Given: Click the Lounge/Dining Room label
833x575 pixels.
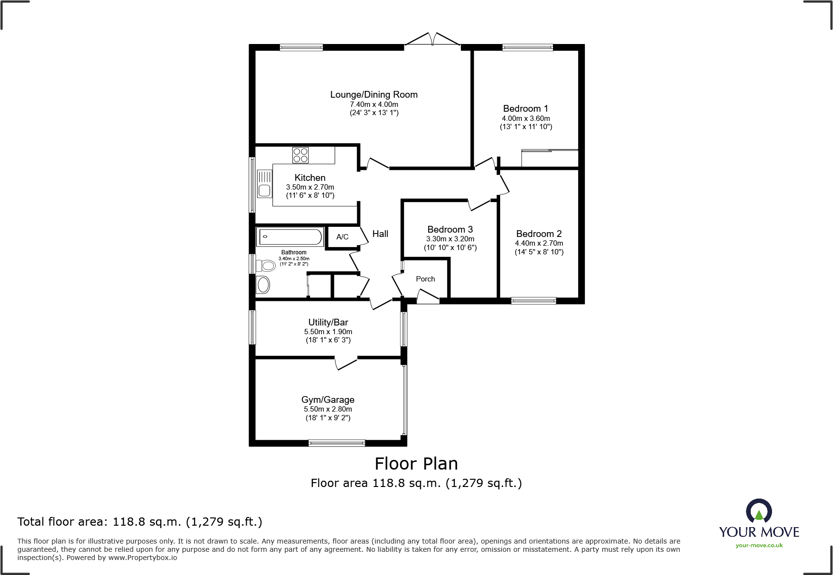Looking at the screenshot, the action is (374, 95).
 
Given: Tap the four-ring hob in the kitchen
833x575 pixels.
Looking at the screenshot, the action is (300, 155).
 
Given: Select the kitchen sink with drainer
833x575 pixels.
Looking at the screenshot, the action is (264, 184).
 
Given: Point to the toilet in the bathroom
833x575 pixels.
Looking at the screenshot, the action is (265, 265).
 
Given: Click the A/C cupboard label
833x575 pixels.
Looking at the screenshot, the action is (342, 237).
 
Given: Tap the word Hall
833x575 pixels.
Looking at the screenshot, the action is (380, 234).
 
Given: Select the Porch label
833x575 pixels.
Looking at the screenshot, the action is (425, 279).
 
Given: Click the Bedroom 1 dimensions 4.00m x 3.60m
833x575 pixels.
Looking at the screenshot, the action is (526, 118).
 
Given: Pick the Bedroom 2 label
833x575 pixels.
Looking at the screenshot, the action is (539, 234).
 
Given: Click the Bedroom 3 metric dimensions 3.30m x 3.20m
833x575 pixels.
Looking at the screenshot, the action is (450, 239).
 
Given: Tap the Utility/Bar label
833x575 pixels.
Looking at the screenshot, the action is (328, 323).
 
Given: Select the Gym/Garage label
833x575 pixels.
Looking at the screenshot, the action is (328, 400).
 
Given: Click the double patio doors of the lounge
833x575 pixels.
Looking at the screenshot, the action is (432, 40).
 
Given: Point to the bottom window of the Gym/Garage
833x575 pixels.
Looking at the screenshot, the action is (337, 442).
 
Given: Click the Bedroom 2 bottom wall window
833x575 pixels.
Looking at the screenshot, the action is (534, 300).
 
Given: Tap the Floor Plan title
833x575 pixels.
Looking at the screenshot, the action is (416, 464).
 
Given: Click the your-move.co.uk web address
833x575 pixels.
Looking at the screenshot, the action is (759, 546).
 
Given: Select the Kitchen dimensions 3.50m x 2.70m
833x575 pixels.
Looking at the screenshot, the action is (310, 187).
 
